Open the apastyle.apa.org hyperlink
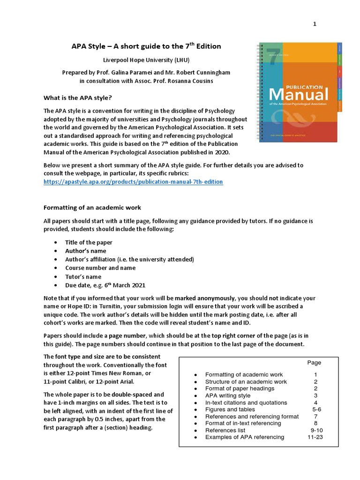[133, 181]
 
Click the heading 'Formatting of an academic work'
[92, 207]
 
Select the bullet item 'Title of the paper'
[89, 242]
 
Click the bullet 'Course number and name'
[100, 268]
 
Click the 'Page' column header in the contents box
[314, 362]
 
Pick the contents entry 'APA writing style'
[228, 395]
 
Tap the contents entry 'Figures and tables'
[230, 409]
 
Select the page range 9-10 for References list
[316, 430]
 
